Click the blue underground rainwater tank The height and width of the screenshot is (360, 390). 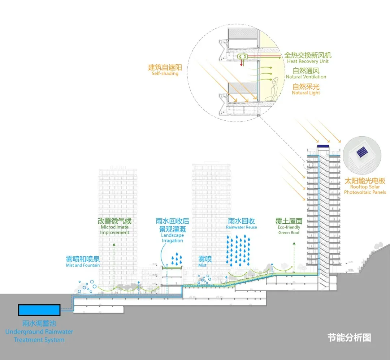pyautogui.click(x=39, y=310)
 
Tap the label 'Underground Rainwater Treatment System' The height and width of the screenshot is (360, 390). pyautogui.click(x=39, y=335)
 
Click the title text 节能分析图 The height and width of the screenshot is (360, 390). pyautogui.click(x=349, y=338)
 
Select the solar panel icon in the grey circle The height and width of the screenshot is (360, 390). pyautogui.click(x=361, y=152)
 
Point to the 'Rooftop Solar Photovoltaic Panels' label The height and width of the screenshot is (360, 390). pyautogui.click(x=365, y=190)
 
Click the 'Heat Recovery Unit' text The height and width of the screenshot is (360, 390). pyautogui.click(x=308, y=61)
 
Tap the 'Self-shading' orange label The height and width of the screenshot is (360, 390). pyautogui.click(x=165, y=74)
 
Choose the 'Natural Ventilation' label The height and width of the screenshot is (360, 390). pyautogui.click(x=306, y=77)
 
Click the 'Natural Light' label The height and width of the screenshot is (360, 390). pyautogui.click(x=306, y=93)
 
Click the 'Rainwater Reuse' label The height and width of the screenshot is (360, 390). pyautogui.click(x=242, y=227)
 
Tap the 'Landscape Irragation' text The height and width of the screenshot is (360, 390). pyautogui.click(x=172, y=238)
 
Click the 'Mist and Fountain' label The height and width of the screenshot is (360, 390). pyautogui.click(x=83, y=265)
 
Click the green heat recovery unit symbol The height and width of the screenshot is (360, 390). pyautogui.click(x=242, y=56)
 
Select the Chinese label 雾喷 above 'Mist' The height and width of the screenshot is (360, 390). pyautogui.click(x=205, y=259)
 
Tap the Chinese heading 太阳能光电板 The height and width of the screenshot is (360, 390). pyautogui.click(x=365, y=181)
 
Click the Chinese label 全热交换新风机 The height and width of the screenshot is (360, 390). pyautogui.click(x=308, y=55)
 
